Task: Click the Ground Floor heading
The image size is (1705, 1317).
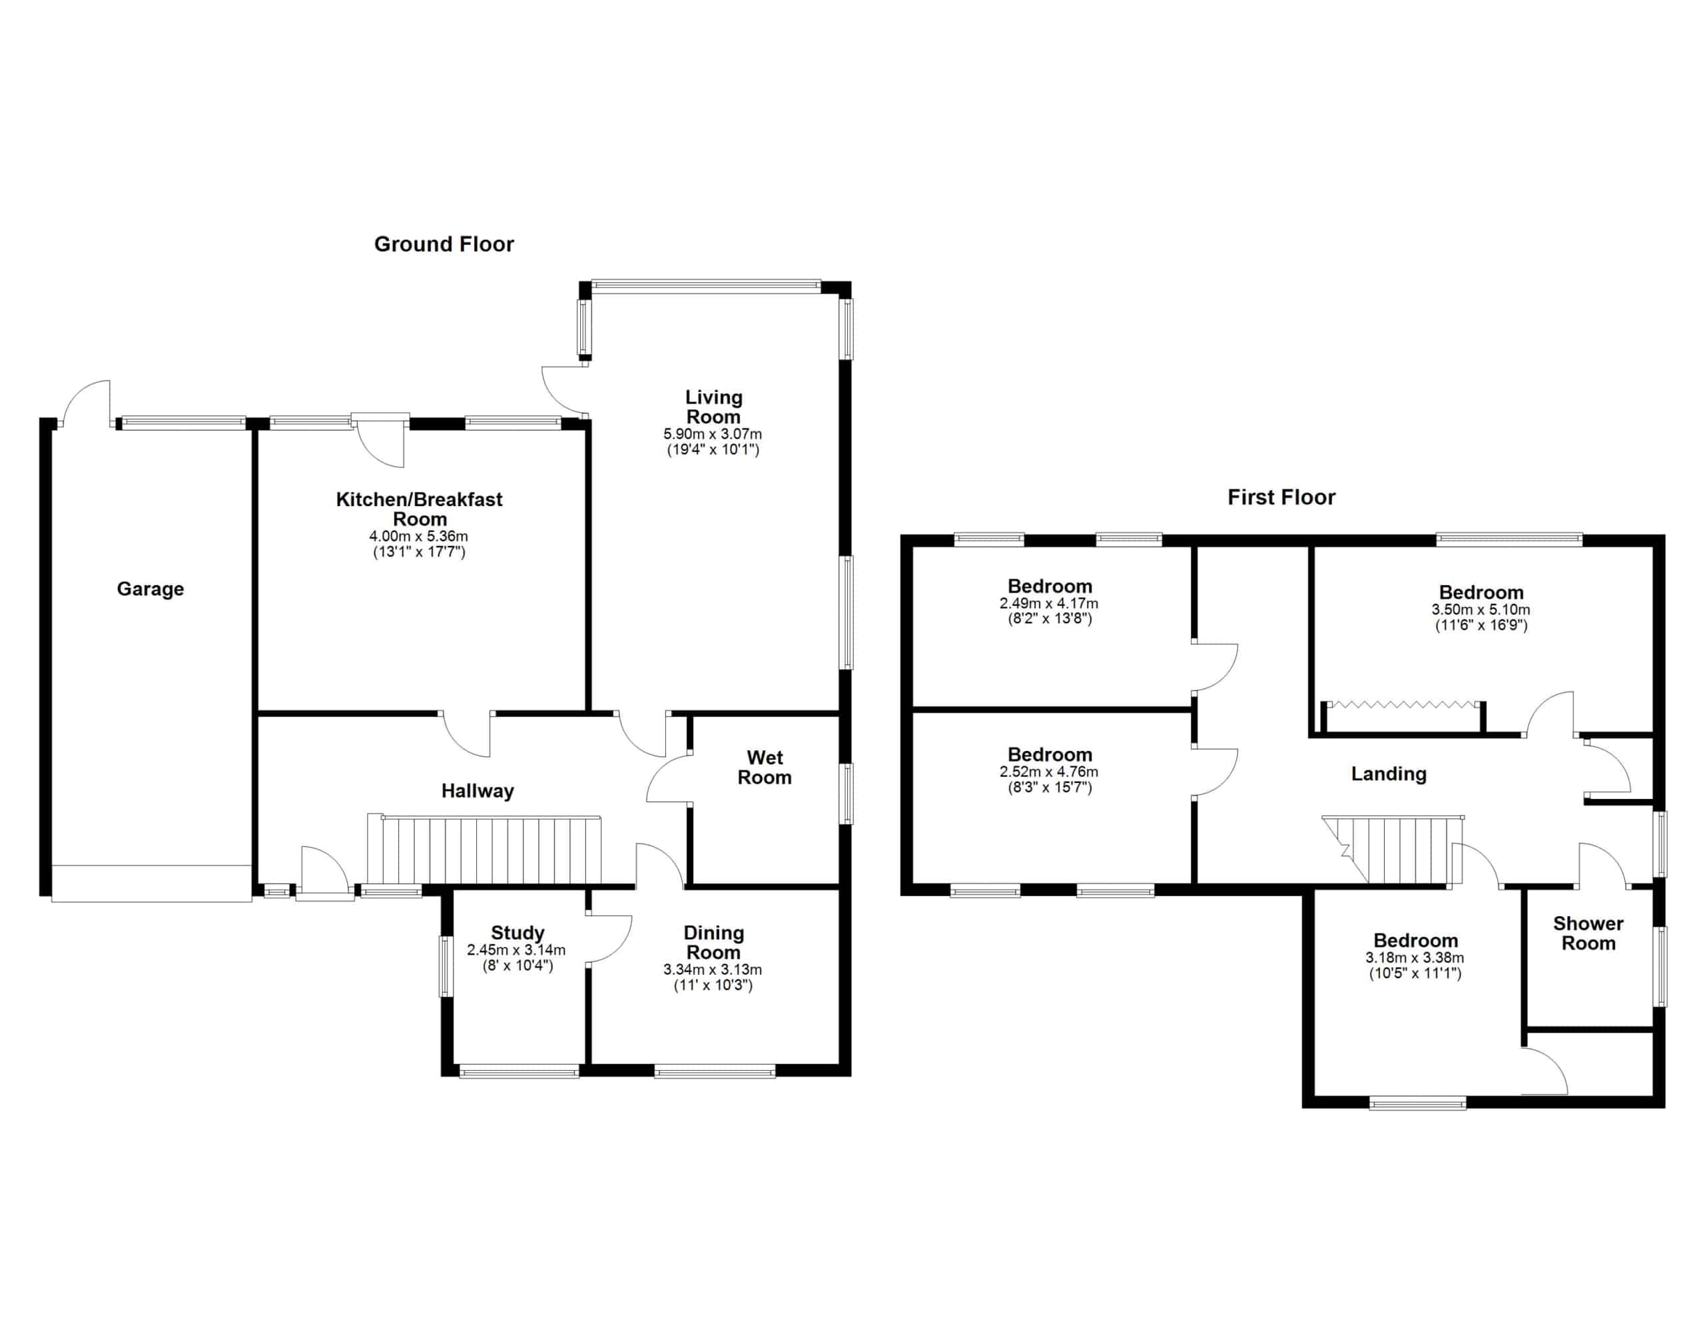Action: (x=444, y=244)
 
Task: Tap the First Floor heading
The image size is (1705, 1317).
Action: (x=1281, y=497)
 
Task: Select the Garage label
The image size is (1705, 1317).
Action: (x=151, y=589)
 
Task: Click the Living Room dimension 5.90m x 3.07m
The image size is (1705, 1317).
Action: (x=713, y=434)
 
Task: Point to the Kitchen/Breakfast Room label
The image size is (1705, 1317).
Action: (x=419, y=509)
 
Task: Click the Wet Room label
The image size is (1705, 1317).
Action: (x=765, y=768)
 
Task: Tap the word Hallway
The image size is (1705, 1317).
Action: (x=478, y=791)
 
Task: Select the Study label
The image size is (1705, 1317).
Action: (x=517, y=933)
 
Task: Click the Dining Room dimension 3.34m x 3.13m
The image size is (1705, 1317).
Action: (x=713, y=969)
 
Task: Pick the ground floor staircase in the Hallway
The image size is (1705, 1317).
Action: (x=485, y=850)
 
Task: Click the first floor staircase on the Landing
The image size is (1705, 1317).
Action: (x=1393, y=850)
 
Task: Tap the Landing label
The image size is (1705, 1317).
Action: (x=1389, y=774)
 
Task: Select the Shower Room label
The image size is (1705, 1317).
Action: (x=1588, y=933)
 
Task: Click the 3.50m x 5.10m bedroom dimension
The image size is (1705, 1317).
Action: (x=1481, y=610)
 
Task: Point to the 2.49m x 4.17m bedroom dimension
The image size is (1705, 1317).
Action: (x=1048, y=603)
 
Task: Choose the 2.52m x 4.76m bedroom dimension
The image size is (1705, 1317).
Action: (x=1048, y=772)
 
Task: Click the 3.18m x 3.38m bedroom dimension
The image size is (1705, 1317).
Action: (x=1415, y=958)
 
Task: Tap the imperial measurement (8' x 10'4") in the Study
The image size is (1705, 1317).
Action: (x=517, y=965)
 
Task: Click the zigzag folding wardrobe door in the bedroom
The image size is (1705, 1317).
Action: (x=1403, y=704)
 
